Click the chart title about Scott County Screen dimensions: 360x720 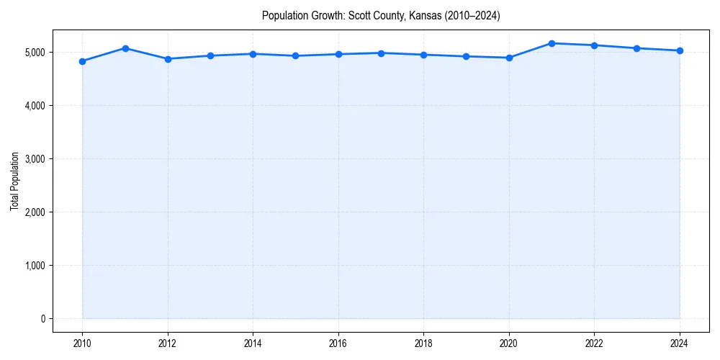pyautogui.click(x=381, y=15)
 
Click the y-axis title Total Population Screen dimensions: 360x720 pyautogui.click(x=14, y=181)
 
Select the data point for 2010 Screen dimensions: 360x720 pyautogui.click(x=82, y=61)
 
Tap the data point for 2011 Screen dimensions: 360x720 pyautogui.click(x=125, y=48)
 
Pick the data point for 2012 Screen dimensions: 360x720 pyautogui.click(x=168, y=59)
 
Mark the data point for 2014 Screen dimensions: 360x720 pyautogui.click(x=253, y=54)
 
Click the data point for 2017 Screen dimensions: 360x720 pyautogui.click(x=381, y=53)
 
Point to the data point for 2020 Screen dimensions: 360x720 pyautogui.click(x=509, y=58)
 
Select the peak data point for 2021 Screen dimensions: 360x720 pyautogui.click(x=552, y=43)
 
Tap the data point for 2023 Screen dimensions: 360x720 pyautogui.click(x=637, y=48)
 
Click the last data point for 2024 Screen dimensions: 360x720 pyautogui.click(x=680, y=50)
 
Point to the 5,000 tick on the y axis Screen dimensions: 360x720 pyautogui.click(x=34, y=53)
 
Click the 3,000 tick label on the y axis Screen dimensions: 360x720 pyautogui.click(x=34, y=159)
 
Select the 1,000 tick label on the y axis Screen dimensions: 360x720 pyautogui.click(x=34, y=266)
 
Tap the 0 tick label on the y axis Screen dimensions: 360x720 pyautogui.click(x=42, y=319)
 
